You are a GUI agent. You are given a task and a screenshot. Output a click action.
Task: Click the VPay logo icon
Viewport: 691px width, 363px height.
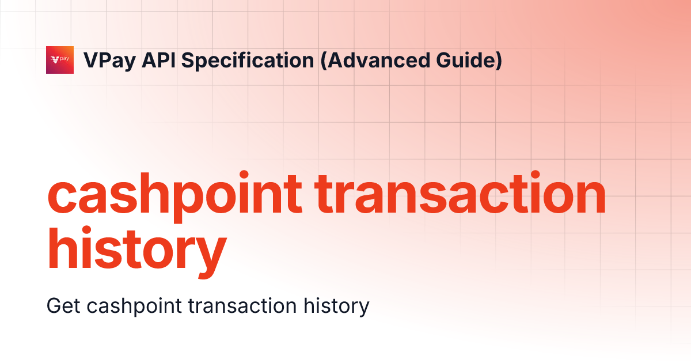click(60, 60)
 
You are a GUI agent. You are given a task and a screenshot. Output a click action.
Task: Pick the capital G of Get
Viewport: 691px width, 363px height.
click(54, 306)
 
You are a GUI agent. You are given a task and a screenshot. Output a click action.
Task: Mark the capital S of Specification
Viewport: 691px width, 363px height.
click(188, 60)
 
